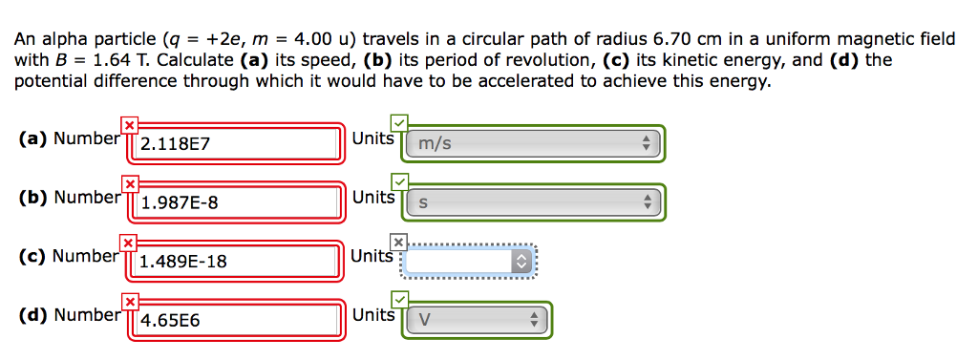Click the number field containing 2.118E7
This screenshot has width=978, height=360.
tap(239, 145)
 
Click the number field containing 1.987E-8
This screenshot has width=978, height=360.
tap(239, 202)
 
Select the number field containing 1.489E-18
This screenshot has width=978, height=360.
tap(239, 261)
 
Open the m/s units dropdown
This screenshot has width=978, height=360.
tap(534, 145)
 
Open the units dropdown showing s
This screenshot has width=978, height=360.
tap(534, 202)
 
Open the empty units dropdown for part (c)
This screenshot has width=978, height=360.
tap(469, 261)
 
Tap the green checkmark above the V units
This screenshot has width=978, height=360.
tap(399, 301)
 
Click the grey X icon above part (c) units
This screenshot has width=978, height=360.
tap(399, 242)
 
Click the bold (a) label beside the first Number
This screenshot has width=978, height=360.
tap(33, 138)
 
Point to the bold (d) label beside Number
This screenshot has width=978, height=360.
tap(33, 314)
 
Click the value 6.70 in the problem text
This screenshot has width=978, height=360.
tap(672, 39)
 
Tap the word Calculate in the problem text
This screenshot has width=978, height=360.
tap(196, 60)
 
